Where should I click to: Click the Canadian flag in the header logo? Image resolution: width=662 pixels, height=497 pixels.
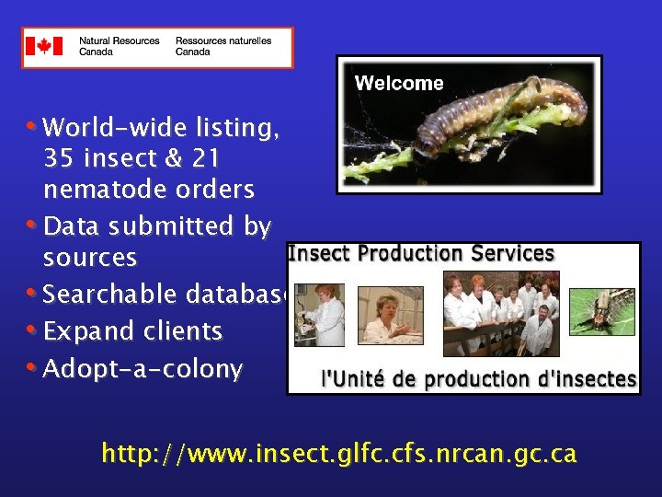coord(44,46)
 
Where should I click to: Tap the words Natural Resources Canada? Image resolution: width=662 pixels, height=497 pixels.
coord(119,46)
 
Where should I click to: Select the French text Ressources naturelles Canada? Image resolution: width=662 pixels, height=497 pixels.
coord(223,46)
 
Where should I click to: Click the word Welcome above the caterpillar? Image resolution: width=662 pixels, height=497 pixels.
coord(399,83)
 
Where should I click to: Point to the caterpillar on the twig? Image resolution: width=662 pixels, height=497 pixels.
coord(496,111)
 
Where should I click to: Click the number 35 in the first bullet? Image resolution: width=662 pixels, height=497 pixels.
coord(58,159)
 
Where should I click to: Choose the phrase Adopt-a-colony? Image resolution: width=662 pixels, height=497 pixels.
coord(143,369)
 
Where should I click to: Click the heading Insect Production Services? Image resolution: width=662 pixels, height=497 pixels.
coord(422,253)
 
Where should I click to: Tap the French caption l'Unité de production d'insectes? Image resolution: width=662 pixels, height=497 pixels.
coord(478,378)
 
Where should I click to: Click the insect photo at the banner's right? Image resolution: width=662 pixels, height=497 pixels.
coord(602,312)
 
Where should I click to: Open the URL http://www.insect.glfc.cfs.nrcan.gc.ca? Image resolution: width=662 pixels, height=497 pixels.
coord(339,454)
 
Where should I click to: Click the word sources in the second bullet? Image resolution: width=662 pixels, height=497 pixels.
coord(90,259)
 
